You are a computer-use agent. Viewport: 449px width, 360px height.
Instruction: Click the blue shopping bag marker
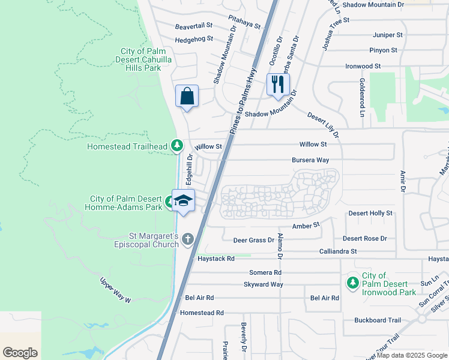pyautogui.click(x=187, y=96)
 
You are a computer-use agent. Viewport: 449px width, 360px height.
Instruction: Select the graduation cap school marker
pyautogui.click(x=184, y=200)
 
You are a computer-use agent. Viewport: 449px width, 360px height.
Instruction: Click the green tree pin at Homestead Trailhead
pyautogui.click(x=176, y=145)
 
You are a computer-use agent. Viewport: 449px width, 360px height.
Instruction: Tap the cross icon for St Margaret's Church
pyautogui.click(x=188, y=240)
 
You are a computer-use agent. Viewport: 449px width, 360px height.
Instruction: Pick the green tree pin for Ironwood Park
pyautogui.click(x=352, y=281)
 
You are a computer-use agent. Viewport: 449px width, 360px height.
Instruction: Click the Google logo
pyautogui.click(x=20, y=353)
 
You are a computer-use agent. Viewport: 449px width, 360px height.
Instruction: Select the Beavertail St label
pyautogui.click(x=194, y=26)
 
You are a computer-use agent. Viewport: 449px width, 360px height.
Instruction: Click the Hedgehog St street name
pyautogui.click(x=194, y=40)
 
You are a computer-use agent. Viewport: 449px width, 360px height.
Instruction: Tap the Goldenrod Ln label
pyautogui.click(x=363, y=96)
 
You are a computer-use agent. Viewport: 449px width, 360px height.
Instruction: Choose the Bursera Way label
pyautogui.click(x=310, y=160)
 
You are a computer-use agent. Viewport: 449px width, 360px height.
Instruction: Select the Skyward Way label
pyautogui.click(x=263, y=284)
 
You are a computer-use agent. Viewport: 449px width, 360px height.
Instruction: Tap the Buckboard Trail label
pyautogui.click(x=377, y=320)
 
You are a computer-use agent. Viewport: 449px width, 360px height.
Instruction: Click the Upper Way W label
pyautogui.click(x=115, y=290)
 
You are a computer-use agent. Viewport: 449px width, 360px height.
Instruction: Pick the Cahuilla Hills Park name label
pyautogui.click(x=139, y=59)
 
